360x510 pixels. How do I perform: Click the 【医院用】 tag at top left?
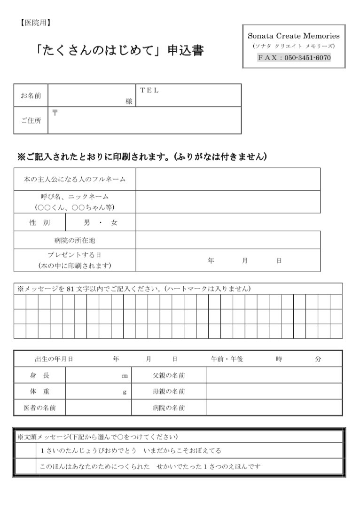(x=35, y=23)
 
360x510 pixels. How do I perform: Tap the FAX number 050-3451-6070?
(x=307, y=58)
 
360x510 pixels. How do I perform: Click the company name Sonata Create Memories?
(x=294, y=36)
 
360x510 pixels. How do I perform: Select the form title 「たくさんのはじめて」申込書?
(x=120, y=50)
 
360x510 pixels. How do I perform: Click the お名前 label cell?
(x=31, y=95)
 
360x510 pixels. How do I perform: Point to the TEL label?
(x=149, y=90)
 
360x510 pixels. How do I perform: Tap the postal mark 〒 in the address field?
(x=55, y=113)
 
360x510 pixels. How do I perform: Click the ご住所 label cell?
(x=31, y=120)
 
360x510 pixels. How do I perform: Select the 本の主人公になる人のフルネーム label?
(x=75, y=179)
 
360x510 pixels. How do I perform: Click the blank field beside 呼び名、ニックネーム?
(x=228, y=202)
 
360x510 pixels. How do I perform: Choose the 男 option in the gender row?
(x=87, y=223)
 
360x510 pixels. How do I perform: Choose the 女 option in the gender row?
(x=114, y=223)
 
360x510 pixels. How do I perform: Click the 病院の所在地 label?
(x=75, y=240)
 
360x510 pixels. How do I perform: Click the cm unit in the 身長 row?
(x=125, y=376)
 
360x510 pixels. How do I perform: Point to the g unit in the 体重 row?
(x=125, y=392)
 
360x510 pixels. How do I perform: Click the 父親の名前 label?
(x=168, y=376)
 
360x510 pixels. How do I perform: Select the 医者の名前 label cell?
(x=39, y=408)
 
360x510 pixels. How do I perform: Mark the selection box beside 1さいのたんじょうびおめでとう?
(x=25, y=451)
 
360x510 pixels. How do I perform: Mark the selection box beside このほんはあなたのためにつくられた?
(x=25, y=467)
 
